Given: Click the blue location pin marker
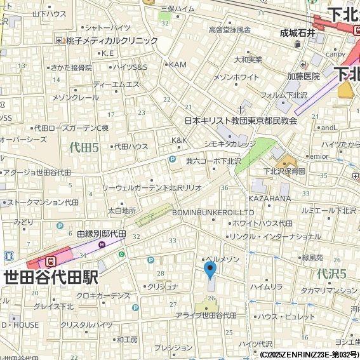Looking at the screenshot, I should [210, 270].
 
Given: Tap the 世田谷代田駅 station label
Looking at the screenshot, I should [51, 277].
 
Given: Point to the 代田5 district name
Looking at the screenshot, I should [84, 147].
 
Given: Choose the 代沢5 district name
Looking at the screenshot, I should [331, 274].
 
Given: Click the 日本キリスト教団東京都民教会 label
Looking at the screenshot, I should [241, 120].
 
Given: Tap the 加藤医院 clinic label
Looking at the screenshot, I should [303, 76].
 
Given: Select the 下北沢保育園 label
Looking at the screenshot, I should [285, 171].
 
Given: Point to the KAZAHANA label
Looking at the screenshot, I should [269, 199].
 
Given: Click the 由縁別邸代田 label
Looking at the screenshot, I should [102, 234].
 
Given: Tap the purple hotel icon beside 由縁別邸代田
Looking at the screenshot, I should [102, 244].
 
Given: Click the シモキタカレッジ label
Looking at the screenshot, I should [230, 144].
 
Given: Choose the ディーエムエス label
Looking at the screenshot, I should [116, 84].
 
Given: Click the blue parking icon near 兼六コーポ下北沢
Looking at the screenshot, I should [172, 159].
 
